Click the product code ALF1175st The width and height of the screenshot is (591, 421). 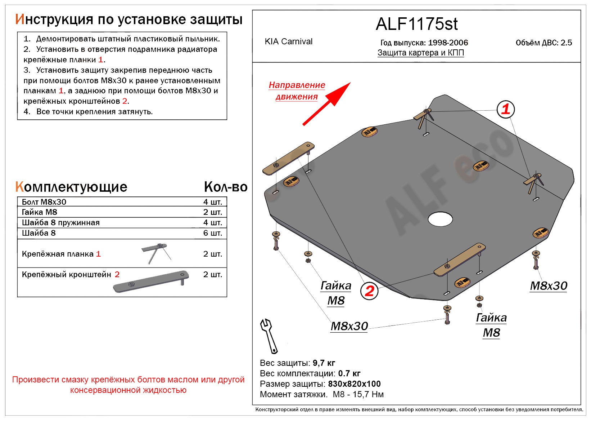[416, 24]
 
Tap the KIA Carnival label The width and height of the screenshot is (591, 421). [288, 41]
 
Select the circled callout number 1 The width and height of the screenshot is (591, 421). [505, 109]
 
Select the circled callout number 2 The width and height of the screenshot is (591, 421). [369, 291]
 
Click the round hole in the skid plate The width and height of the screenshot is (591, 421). [440, 218]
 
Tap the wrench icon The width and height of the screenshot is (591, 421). [269, 336]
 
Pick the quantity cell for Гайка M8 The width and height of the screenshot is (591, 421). [212, 212]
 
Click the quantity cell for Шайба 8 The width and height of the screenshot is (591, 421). [212, 233]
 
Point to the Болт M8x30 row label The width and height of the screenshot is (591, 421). [44, 202]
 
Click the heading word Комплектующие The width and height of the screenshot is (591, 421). [71, 187]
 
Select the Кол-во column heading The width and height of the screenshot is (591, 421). [226, 187]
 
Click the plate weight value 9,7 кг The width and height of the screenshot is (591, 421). [324, 363]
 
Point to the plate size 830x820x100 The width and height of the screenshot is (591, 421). [354, 384]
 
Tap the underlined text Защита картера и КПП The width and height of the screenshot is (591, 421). [420, 53]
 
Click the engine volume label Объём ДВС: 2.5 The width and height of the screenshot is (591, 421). [543, 43]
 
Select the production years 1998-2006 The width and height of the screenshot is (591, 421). [448, 43]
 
